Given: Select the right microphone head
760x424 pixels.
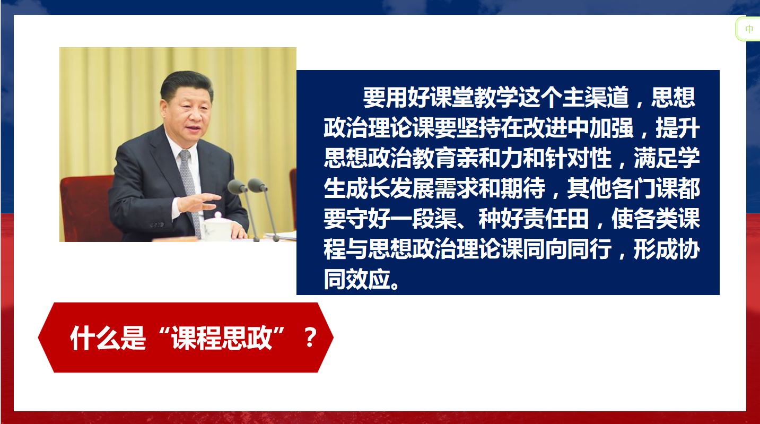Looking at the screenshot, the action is [257, 185].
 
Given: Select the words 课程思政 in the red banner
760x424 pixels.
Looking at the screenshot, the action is [222, 338].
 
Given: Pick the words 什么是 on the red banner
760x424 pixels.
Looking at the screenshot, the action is [108, 338].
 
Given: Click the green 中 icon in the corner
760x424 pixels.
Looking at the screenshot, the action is [749, 29].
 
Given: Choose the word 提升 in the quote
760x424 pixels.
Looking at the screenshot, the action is [678, 128].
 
